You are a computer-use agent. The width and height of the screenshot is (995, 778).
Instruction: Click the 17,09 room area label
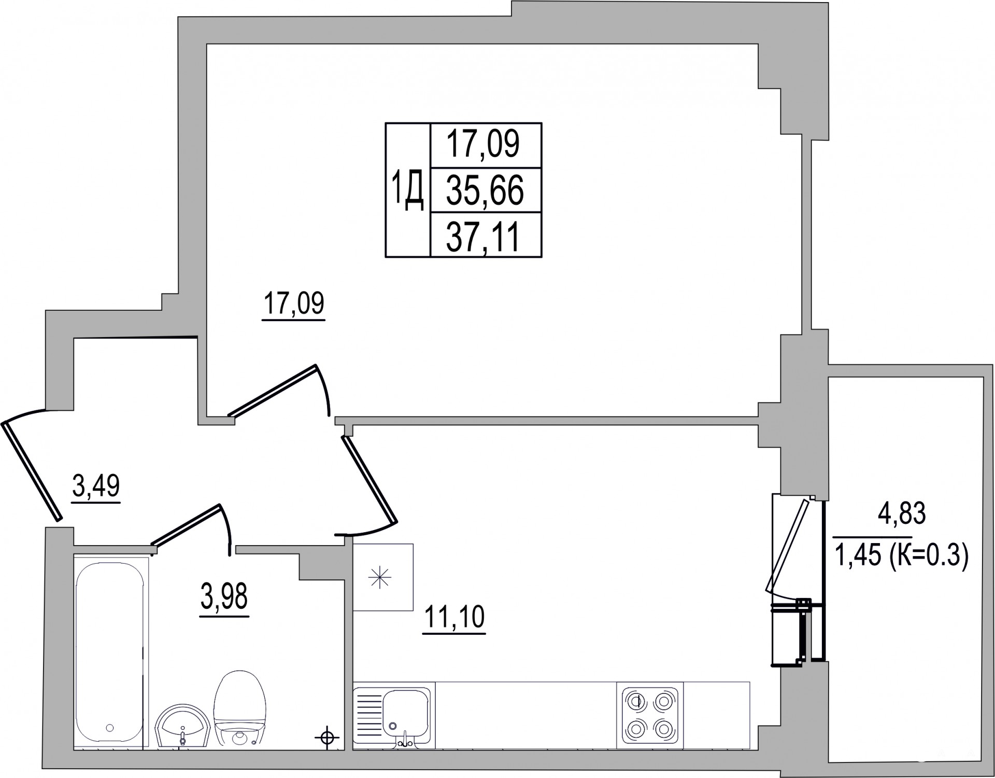click(x=294, y=304)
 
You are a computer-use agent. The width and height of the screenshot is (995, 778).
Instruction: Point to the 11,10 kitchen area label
click(x=454, y=617)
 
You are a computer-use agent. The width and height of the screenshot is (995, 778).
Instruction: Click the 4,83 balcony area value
click(x=902, y=514)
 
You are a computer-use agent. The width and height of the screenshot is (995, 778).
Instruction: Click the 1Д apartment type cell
click(x=408, y=190)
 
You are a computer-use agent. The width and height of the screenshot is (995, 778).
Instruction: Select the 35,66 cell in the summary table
click(x=486, y=190)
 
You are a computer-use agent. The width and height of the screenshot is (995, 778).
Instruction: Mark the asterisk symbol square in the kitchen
click(x=383, y=577)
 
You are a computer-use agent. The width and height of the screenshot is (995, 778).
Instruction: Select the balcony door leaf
click(x=787, y=545)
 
